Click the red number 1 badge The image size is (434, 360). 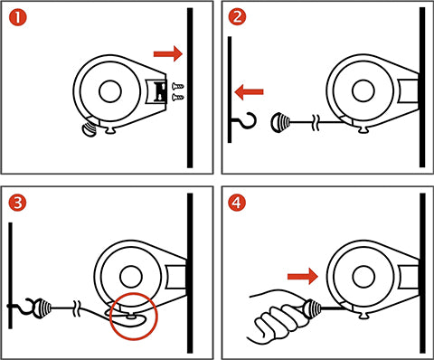point(18,17)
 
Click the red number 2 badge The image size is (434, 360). point(237,16)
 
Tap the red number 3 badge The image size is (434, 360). point(17,203)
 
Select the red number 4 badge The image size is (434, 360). point(237,203)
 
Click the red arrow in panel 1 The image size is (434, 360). point(168,53)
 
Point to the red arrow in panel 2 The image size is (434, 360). point(249,92)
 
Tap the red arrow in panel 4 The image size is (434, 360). point(303,277)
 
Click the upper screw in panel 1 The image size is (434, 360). point(178,87)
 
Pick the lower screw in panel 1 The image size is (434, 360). point(178,97)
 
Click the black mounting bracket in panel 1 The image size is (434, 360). point(160,91)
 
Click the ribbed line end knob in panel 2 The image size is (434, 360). point(280,123)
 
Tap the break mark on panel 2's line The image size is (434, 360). point(316,122)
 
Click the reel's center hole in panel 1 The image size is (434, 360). point(110,91)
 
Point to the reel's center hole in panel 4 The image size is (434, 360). point(363,277)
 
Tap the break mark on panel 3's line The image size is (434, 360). point(77,308)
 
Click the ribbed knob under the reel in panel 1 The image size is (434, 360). point(89,129)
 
